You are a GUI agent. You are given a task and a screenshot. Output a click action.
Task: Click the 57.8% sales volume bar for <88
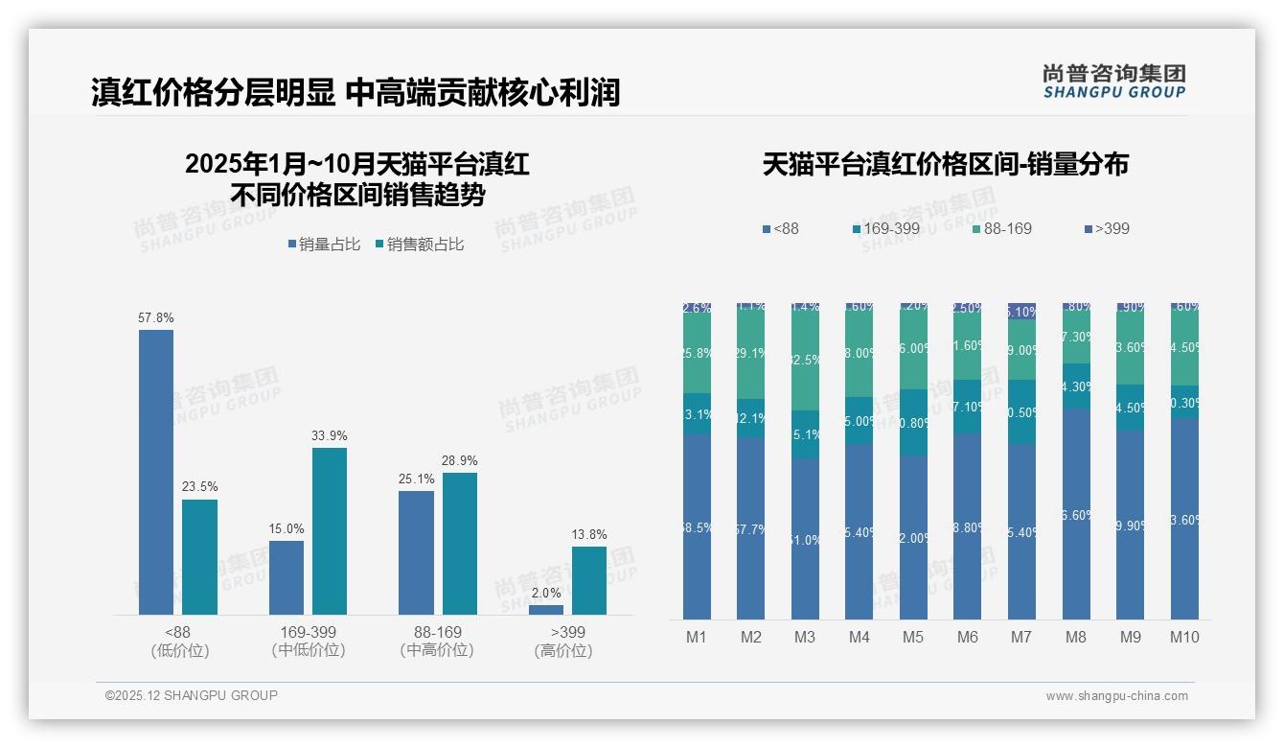[156, 472]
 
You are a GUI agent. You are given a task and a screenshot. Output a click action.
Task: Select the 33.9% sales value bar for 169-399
[330, 531]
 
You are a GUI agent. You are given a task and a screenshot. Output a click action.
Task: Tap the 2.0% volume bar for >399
[546, 610]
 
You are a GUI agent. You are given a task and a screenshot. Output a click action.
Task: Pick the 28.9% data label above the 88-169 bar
[460, 460]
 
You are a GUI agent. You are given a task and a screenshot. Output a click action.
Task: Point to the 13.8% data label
[589, 534]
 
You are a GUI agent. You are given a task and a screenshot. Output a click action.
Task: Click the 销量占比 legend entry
[324, 245]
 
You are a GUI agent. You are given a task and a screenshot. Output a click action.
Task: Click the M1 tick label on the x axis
[697, 637]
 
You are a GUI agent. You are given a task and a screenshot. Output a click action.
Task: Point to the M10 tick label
[1184, 637]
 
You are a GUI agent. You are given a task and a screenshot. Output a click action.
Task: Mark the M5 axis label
[913, 637]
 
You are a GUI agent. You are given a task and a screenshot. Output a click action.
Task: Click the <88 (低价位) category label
[179, 642]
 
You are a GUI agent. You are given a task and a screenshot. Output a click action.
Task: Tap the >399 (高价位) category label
[563, 642]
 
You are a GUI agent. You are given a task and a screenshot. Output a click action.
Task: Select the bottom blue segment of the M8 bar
[1076, 514]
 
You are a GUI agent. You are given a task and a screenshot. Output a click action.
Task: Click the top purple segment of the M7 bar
[1022, 311]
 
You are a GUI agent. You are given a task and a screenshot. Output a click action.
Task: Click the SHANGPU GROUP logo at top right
[1113, 81]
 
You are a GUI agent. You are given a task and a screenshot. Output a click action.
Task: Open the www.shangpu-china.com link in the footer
[1116, 696]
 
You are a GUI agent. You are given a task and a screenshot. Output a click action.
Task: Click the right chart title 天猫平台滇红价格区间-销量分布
[945, 164]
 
